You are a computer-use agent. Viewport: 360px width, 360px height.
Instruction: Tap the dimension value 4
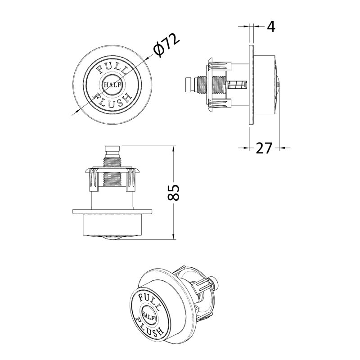click(x=270, y=27)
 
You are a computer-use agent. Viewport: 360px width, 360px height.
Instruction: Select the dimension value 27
click(x=264, y=148)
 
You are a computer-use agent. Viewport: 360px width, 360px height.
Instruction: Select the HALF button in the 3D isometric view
click(x=150, y=313)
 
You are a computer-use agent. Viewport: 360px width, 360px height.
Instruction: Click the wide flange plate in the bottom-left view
click(x=112, y=211)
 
